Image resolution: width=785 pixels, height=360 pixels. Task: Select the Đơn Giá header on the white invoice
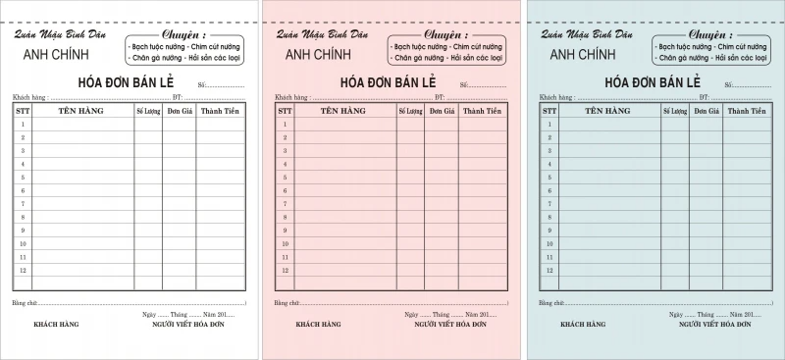[180, 112]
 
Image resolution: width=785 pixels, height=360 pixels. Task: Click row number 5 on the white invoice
[24, 178]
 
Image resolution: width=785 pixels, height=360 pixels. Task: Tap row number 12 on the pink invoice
[285, 270]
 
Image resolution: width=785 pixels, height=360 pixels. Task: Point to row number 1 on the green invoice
[547, 125]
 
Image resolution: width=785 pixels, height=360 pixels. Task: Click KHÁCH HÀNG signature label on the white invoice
[56, 323]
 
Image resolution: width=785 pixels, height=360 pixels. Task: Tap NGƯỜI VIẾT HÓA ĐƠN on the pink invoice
[450, 323]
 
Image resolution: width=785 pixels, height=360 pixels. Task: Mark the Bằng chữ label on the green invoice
[549, 303]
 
